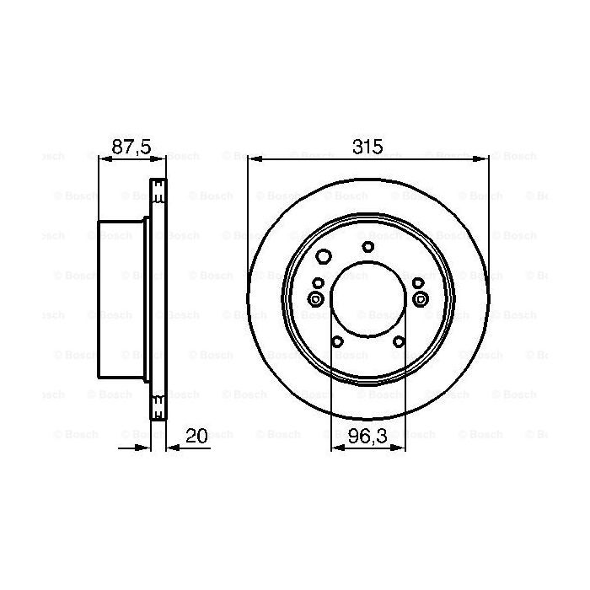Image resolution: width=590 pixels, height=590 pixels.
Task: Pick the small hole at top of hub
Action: click(367, 247)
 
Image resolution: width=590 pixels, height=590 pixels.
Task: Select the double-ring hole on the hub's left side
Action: click(316, 299)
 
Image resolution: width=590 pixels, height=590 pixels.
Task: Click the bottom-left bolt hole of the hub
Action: click(337, 341)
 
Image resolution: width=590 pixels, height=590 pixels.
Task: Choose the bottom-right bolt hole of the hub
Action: click(398, 341)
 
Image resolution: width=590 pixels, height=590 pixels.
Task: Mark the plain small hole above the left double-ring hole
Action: click(318, 282)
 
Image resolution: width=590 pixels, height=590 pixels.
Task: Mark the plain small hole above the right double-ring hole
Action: click(417, 282)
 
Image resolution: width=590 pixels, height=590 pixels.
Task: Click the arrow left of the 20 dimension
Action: click(143, 448)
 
